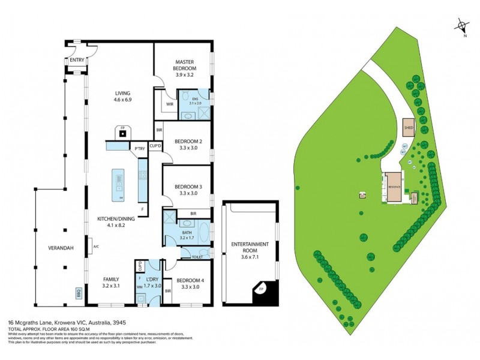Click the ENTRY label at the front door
tap(77, 60)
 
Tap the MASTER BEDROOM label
tap(185, 65)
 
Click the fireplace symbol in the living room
tap(122, 132)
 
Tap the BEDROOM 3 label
tap(188, 187)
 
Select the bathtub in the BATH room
tap(202, 233)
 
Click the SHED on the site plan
tap(409, 128)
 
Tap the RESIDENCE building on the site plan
tap(394, 187)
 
